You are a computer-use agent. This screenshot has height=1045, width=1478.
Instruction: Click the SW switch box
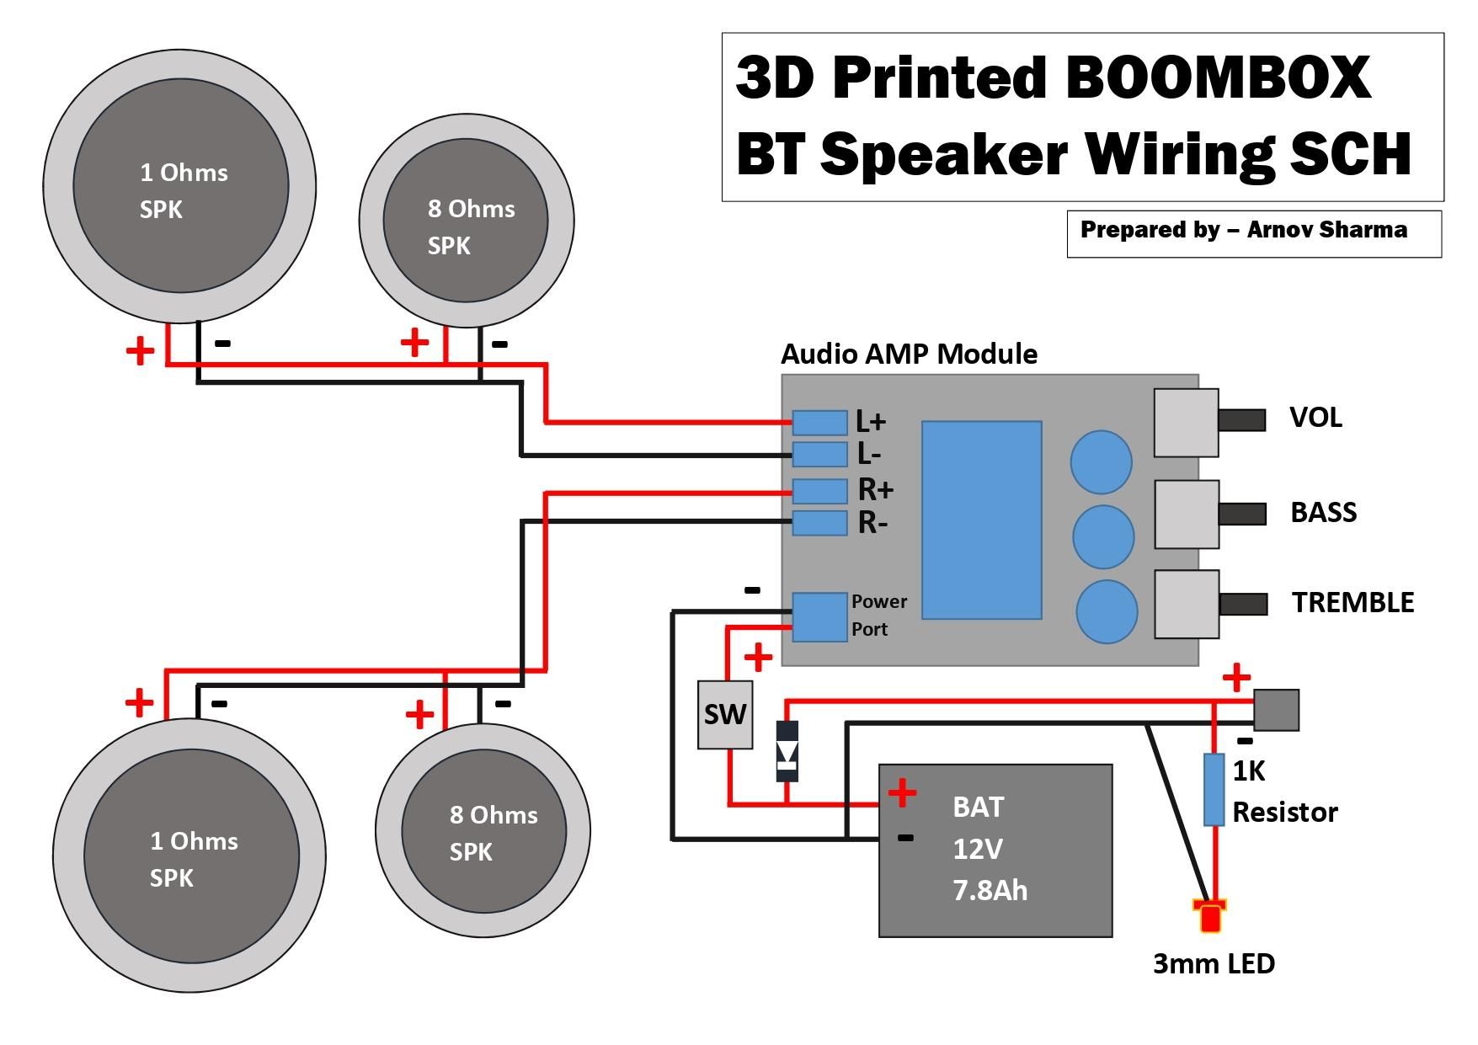pos(724,715)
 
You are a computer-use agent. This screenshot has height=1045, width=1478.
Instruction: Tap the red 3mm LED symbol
pos(1210,917)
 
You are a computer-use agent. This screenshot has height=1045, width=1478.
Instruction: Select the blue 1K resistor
pos(1214,789)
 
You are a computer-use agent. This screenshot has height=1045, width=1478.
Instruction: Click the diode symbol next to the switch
pos(787,751)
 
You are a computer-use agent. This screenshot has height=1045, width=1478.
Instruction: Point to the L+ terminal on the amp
pos(819,423)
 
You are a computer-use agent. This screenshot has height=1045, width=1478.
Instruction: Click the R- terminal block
pos(819,523)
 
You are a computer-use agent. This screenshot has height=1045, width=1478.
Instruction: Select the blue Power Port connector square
pos(819,617)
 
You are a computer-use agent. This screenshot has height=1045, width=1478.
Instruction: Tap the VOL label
pos(1315,418)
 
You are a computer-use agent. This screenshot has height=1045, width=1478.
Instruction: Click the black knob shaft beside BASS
pos(1242,513)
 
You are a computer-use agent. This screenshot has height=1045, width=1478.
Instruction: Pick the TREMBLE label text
pos(1353,603)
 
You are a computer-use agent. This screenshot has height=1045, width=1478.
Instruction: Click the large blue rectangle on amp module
pos(981,520)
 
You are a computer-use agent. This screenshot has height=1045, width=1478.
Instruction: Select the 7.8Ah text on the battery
pos(990,891)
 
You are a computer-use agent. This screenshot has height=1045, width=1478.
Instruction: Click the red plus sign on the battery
pos(902,792)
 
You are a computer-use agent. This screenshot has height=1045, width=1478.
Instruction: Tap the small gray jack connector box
pos(1276,709)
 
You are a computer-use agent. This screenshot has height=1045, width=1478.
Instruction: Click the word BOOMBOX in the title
pos(1218,77)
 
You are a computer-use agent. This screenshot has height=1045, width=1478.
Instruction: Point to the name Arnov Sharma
pos(1326,230)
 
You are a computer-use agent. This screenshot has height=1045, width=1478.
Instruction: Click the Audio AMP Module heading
pos(909,354)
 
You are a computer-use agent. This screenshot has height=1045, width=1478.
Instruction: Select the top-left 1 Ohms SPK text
pos(183,190)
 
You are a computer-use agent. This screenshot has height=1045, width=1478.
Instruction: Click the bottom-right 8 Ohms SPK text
pos(493,833)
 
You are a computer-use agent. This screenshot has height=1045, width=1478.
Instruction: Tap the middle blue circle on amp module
pos(1102,536)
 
